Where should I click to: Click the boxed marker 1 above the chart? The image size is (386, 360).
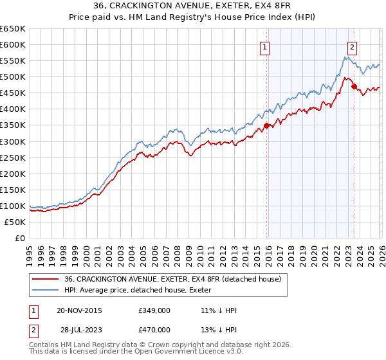pos(265,46)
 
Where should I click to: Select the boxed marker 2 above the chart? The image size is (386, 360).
pos(353,46)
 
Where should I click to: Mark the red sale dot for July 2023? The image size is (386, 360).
pos(354,86)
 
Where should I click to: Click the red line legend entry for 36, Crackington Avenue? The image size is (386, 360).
pos(172,280)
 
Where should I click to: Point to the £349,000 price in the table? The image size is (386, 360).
pos(154,310)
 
